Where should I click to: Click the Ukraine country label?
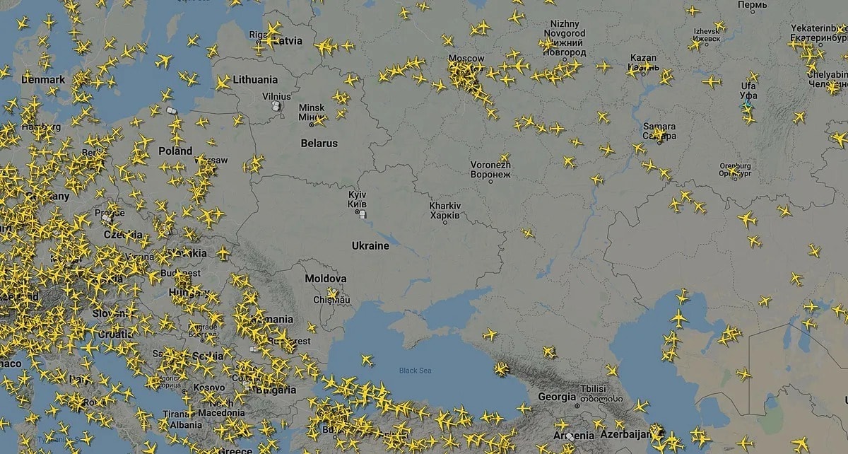point(370,245)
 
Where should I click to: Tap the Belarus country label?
point(319,143)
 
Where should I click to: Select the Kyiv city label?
point(358,199)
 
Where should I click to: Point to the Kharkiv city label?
point(444,210)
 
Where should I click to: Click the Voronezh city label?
point(490,169)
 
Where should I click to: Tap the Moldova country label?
point(325,279)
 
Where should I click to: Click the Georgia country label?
point(557,397)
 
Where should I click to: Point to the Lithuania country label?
point(255,79)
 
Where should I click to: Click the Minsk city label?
point(312,112)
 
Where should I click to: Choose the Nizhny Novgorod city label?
point(565,38)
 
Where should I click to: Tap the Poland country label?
point(175,151)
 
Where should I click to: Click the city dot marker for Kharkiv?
point(445,222)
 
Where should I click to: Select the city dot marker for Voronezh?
point(490,181)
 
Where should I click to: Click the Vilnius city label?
point(276,96)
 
